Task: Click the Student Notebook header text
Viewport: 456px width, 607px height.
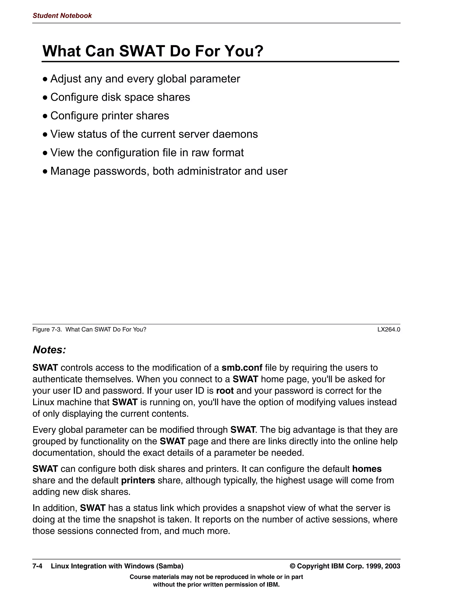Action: click(62, 16)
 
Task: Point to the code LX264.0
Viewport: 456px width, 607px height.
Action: click(389, 329)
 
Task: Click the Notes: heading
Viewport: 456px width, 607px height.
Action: click(49, 350)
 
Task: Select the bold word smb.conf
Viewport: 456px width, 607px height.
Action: click(242, 368)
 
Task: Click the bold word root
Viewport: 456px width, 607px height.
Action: click(225, 391)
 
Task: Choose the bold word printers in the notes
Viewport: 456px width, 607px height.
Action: click(138, 480)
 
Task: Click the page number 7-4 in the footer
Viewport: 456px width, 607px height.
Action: click(37, 566)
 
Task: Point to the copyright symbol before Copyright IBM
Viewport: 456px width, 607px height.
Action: click(293, 566)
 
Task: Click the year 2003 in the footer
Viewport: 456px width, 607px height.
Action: click(392, 566)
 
